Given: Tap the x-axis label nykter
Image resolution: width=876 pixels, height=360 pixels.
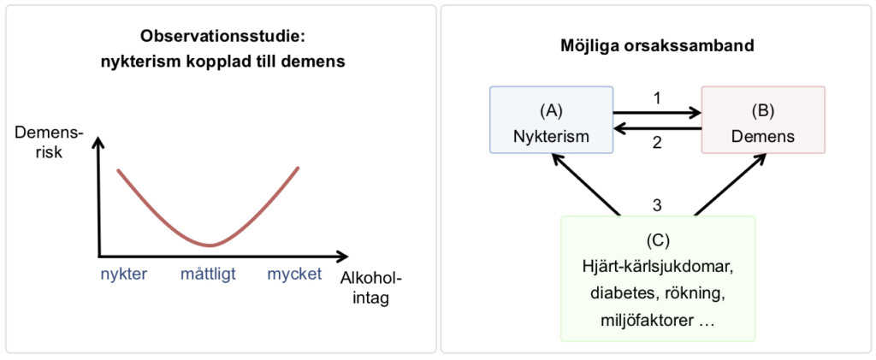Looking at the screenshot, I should [x=125, y=274].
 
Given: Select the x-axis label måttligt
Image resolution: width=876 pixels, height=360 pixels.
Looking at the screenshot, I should [x=208, y=274].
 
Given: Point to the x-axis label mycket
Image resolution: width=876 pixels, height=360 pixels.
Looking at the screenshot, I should [x=293, y=274].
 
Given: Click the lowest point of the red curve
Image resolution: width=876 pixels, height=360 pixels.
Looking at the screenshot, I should [x=210, y=245].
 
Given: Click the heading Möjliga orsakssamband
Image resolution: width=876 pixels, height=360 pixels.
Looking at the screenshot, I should [x=656, y=45].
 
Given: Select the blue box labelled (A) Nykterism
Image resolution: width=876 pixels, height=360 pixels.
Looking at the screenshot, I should [x=551, y=120].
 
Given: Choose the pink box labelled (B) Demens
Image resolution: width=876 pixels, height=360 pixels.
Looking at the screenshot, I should [x=762, y=120].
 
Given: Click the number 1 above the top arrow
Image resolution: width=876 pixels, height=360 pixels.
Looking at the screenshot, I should [x=657, y=97].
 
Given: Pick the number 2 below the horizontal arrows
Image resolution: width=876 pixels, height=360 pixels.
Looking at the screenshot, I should [x=657, y=143].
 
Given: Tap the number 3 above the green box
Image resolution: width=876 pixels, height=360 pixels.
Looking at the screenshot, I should [x=657, y=205].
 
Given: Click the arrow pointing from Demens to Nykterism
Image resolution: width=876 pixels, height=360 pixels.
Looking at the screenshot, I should [x=657, y=128].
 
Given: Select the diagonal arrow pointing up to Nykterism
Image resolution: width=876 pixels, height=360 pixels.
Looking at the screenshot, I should [x=586, y=184].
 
